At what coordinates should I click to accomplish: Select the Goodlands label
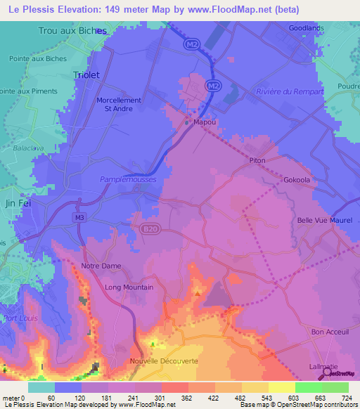coord(307,28)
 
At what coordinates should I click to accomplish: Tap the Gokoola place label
coord(297,180)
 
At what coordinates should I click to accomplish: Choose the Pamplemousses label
coord(131,179)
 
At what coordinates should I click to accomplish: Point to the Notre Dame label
coord(101,266)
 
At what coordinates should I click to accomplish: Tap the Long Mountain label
coord(129,287)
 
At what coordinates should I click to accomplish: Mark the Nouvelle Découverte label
coord(164,361)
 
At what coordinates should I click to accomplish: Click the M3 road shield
coord(79,218)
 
